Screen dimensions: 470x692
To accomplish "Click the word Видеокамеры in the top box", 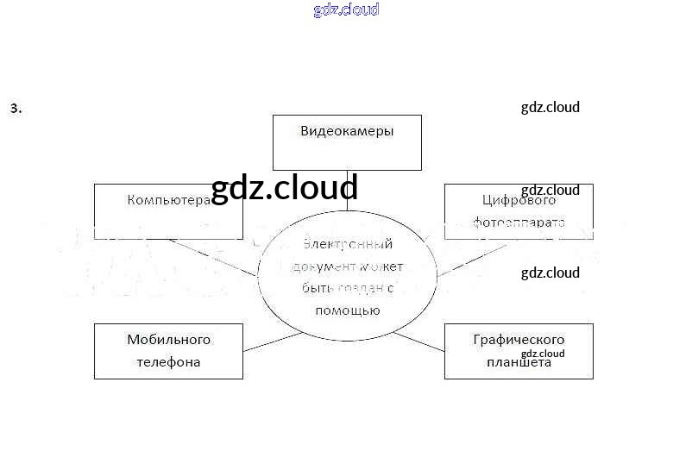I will pos(347,132).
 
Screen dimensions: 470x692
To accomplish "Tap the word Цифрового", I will pos(519,201).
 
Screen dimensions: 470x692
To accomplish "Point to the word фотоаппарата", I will pos(519,222).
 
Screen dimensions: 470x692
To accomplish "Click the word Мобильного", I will pos(168,340).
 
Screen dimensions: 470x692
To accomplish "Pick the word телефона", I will pos(168,362).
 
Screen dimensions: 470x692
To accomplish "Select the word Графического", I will pos(519,340).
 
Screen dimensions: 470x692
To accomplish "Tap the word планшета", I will pos(519,363).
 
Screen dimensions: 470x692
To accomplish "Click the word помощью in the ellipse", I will pos(347,310).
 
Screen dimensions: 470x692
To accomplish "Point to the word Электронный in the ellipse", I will pos(348,244).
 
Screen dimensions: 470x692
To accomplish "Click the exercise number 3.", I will pos(16,109).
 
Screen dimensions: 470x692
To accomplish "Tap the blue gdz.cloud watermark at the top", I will pos(346,10).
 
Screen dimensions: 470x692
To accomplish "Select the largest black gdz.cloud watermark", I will pos(284,187).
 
